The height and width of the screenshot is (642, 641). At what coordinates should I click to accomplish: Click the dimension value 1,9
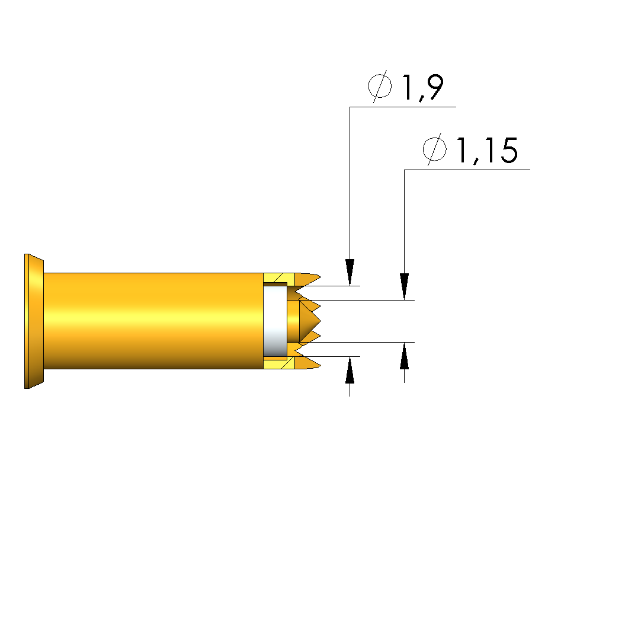coord(423,87)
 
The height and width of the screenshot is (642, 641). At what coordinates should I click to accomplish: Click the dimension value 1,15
coord(487,150)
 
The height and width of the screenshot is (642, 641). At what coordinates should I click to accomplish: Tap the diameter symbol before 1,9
coord(380,86)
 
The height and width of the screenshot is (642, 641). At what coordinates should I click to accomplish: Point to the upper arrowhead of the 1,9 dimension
coord(350,272)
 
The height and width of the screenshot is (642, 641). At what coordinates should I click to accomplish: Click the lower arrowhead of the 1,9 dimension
coord(350,370)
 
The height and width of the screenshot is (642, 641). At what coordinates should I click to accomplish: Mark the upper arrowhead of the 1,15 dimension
coord(405,286)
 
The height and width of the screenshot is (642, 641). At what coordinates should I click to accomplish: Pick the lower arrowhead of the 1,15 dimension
coord(405,356)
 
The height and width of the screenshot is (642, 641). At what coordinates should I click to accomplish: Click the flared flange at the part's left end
coord(34,321)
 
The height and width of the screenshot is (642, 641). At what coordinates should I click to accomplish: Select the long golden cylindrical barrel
coord(153,321)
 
